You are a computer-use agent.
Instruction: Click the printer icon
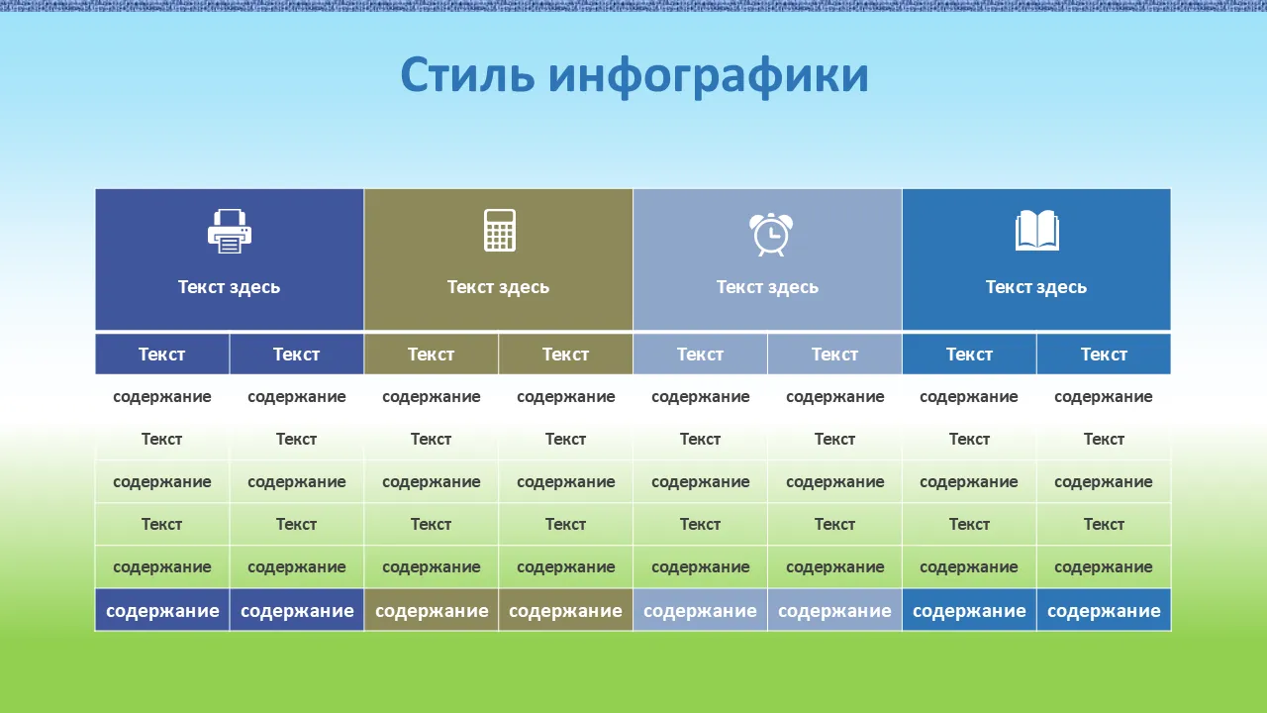tap(229, 232)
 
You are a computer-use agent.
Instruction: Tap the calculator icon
tap(500, 231)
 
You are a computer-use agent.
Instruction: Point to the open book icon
tap(1036, 231)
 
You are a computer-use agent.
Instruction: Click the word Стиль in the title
tap(467, 75)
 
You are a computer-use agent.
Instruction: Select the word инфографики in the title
tap(708, 77)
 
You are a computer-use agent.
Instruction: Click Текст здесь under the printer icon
tap(229, 287)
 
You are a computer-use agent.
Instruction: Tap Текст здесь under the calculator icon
tap(498, 287)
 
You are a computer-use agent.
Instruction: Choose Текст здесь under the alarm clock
tap(767, 287)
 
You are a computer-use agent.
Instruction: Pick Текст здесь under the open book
tap(1036, 287)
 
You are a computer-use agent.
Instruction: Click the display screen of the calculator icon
tap(500, 217)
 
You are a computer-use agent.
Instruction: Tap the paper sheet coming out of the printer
tap(229, 244)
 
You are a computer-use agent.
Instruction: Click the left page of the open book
tap(1026, 229)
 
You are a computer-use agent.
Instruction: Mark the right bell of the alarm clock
tap(785, 219)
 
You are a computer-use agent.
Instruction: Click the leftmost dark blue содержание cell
tap(162, 610)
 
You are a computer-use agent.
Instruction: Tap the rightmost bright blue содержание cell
tap(1104, 610)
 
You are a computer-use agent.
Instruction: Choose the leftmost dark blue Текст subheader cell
tap(162, 355)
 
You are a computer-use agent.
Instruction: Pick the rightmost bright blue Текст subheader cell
tap(1104, 355)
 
